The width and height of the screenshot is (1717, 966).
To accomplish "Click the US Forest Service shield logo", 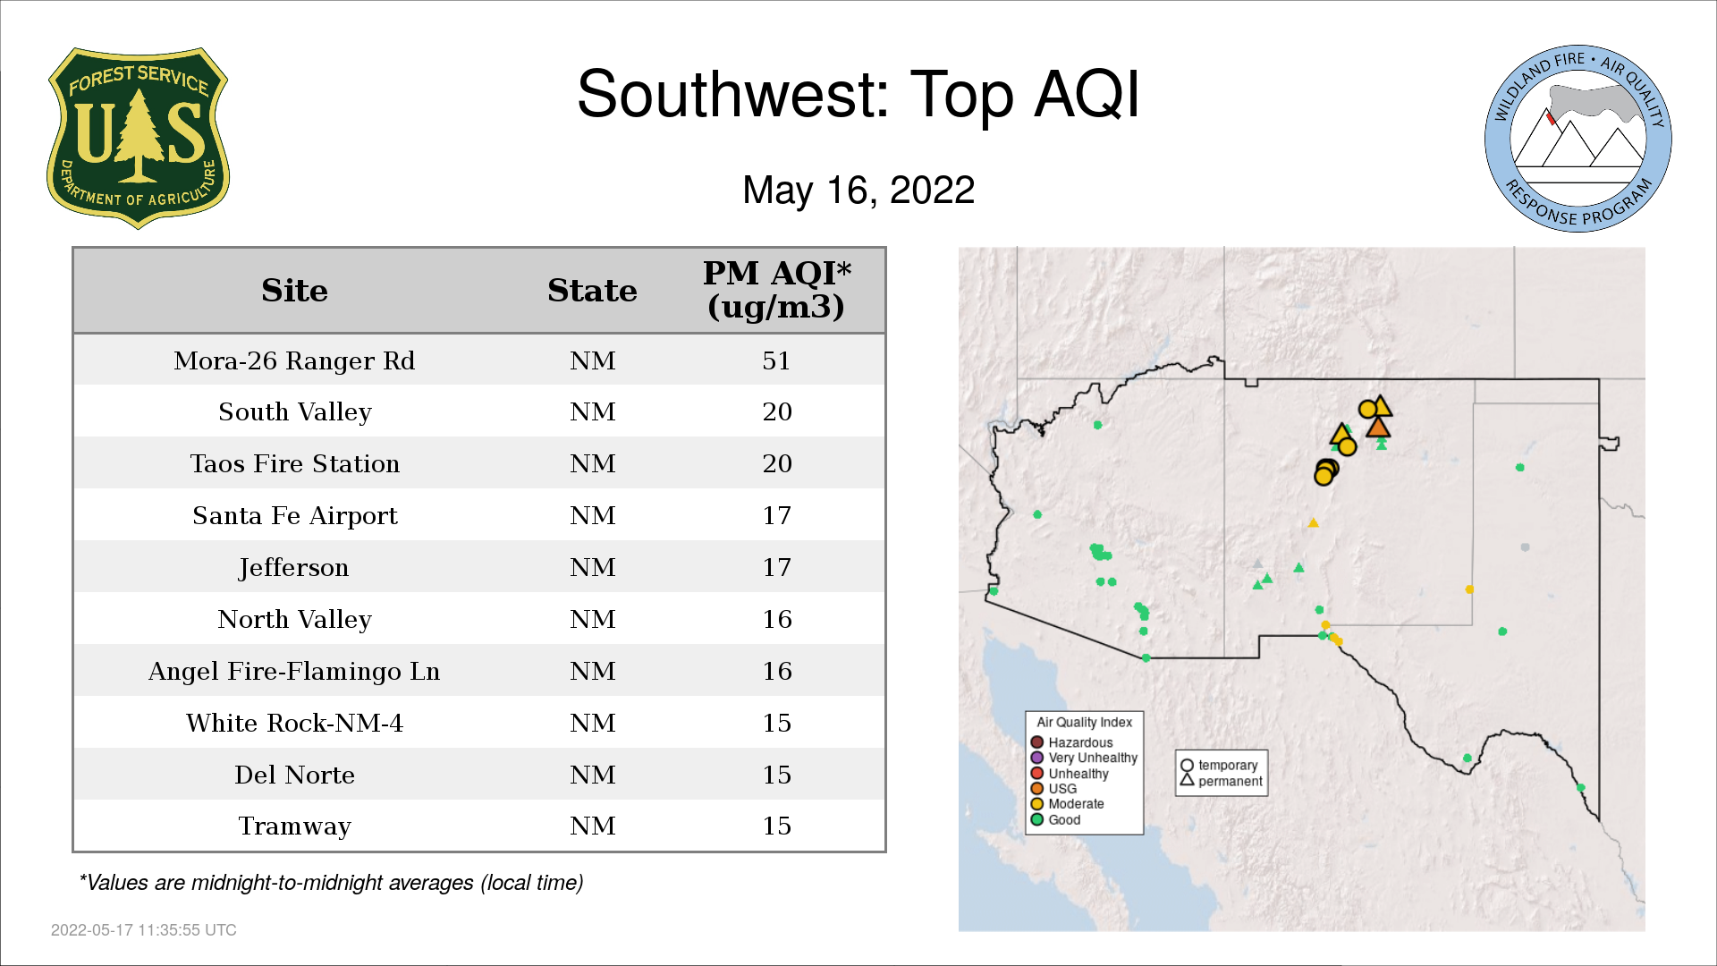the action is [138, 138].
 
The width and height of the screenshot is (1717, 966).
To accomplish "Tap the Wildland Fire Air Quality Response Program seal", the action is [1578, 139].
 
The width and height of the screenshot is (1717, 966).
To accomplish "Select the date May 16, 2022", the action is [858, 190].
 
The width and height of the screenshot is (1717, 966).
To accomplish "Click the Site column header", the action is [294, 291].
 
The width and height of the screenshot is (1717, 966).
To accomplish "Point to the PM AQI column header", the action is [776, 290].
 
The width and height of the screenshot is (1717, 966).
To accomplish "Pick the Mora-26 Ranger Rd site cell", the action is [294, 360].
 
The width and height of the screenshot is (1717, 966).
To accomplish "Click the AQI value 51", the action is [776, 360].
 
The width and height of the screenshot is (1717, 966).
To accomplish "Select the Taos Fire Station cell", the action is [294, 463].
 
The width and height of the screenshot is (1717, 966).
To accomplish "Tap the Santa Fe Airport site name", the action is [294, 516].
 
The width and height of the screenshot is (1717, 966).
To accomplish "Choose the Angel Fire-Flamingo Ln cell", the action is [294, 671].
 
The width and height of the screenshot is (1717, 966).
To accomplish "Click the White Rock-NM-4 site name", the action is [294, 723].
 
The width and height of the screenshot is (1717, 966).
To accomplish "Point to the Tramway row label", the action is [294, 826].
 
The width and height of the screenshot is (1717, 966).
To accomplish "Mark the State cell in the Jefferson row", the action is [593, 567].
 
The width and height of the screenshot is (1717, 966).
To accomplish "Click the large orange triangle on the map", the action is [1378, 427].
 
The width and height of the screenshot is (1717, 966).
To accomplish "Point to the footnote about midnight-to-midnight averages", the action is [331, 883].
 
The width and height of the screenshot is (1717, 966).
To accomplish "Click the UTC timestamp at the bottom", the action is [144, 930].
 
